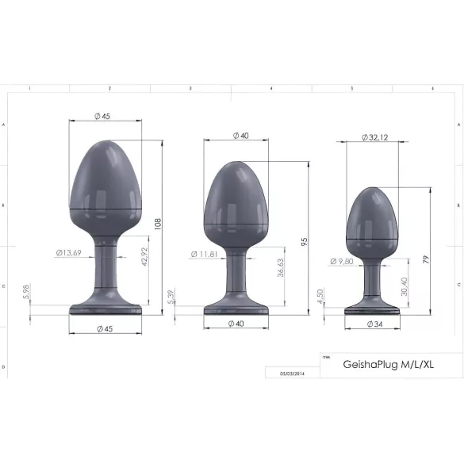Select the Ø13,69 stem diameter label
[x=69, y=253]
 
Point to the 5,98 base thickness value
[x=27, y=293]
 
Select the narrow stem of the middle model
[x=235, y=274]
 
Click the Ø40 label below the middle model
[x=236, y=324]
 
